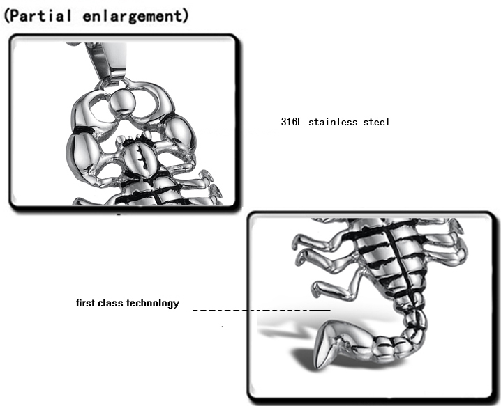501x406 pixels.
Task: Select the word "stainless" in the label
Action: pyautogui.click(x=333, y=122)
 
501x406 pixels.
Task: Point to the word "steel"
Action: pyautogui.click(x=376, y=122)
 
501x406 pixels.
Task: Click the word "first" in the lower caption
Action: pyautogui.click(x=87, y=304)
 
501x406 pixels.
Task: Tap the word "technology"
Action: pyautogui.click(x=154, y=304)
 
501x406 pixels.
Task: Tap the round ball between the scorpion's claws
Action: pyautogui.click(x=125, y=103)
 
